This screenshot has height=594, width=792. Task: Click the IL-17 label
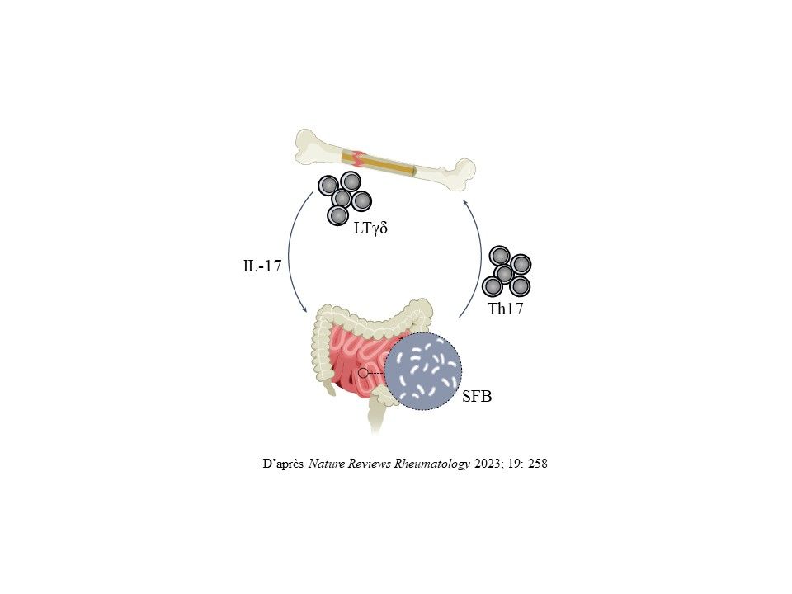pyautogui.click(x=262, y=266)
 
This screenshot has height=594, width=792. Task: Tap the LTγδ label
pyautogui.click(x=370, y=229)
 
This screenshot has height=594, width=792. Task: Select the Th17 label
pyautogui.click(x=505, y=309)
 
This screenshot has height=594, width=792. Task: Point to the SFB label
pyautogui.click(x=477, y=397)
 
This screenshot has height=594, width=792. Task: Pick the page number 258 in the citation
pyautogui.click(x=537, y=463)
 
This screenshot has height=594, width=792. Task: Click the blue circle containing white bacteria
pyautogui.click(x=423, y=372)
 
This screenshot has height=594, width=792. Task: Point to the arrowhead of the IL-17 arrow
pyautogui.click(x=304, y=309)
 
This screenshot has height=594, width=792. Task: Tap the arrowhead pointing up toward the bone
pyautogui.click(x=466, y=203)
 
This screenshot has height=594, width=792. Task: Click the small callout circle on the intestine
pyautogui.click(x=363, y=373)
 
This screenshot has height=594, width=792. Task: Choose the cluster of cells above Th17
pyautogui.click(x=506, y=271)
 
